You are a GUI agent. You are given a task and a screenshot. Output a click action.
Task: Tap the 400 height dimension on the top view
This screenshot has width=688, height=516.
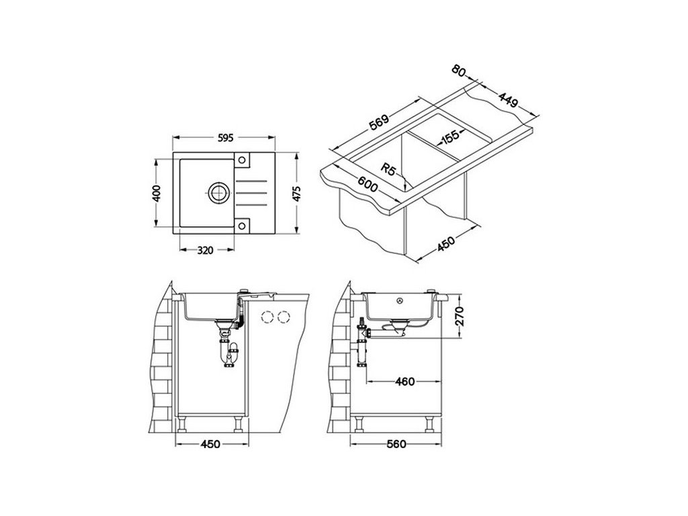coord(157,193)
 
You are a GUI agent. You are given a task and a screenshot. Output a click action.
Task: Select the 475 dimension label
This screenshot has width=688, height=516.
coord(297,193)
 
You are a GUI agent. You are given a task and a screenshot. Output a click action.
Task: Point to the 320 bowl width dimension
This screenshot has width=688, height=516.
coord(205,251)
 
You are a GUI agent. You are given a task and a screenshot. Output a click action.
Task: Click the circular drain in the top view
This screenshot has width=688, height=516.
coord(218,192)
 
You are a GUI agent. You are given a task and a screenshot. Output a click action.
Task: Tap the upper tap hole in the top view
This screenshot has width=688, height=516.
coord(242,160)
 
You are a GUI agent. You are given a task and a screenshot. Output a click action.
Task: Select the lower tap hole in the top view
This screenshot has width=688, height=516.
coord(242,226)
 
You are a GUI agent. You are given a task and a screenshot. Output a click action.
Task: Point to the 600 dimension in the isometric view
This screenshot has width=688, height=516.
coord(367,184)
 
